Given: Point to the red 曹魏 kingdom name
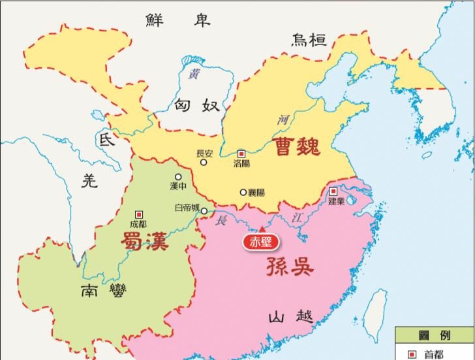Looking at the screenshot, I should (x=298, y=145).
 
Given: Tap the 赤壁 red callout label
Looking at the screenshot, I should (x=261, y=242).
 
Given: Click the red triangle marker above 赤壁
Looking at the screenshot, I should (x=261, y=229).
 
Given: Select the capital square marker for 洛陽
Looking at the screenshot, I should (x=241, y=154).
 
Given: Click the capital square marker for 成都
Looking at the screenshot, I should (x=138, y=214).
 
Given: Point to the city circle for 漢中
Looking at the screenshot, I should (x=177, y=176).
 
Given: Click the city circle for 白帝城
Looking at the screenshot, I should (x=204, y=211).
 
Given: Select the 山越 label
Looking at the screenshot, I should (x=286, y=318).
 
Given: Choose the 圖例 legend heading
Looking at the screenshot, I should (x=435, y=335).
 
